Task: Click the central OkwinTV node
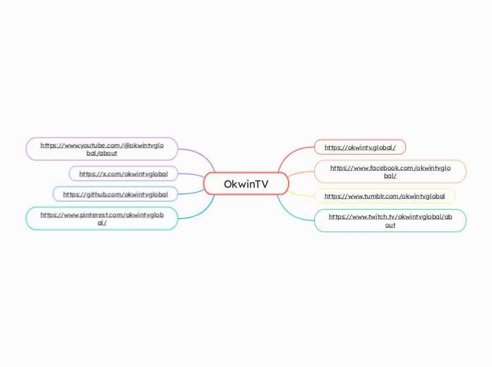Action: pos(246,183)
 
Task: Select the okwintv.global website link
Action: pos(360,148)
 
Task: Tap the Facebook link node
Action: pos(390,172)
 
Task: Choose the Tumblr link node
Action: pos(385,196)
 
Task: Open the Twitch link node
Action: pos(390,220)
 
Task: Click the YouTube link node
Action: pos(102,148)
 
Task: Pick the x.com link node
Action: pos(124,174)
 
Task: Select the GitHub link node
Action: pos(115,194)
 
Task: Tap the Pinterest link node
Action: pos(102,218)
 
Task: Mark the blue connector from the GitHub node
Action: pos(191,191)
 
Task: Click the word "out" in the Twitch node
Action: pos(390,225)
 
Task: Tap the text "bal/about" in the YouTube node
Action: pos(102,152)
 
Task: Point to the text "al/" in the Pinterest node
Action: pos(102,222)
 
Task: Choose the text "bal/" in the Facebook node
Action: pos(390,176)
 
